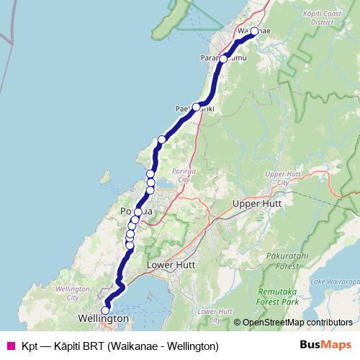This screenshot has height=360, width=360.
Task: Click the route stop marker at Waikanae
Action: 254,31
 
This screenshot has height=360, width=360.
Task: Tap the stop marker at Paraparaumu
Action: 223,58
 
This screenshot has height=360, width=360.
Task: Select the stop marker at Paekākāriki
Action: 196,107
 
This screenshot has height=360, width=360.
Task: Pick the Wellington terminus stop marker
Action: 105,310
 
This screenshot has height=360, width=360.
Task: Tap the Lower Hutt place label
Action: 171,265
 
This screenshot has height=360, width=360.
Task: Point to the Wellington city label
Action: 104,318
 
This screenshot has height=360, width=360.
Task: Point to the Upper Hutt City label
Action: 276,178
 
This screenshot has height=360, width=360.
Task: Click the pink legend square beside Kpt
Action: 11,346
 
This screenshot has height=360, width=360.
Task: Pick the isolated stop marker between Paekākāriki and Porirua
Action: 162,139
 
